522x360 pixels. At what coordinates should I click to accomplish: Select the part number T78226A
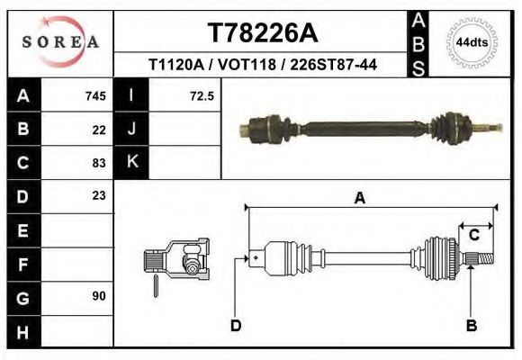(x=262, y=32)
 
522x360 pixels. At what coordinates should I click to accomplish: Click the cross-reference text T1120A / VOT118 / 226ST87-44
(x=262, y=66)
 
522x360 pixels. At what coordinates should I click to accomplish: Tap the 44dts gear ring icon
(x=472, y=42)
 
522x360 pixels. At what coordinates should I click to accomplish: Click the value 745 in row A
(x=95, y=96)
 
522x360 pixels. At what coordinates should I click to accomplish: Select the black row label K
(x=131, y=162)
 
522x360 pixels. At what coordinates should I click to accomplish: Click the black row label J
(x=131, y=130)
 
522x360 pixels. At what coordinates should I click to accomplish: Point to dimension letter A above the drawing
(x=359, y=199)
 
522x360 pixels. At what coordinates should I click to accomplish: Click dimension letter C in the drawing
(x=473, y=235)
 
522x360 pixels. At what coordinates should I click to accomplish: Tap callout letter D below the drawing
(x=236, y=325)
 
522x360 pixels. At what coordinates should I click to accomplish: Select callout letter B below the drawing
(x=471, y=325)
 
